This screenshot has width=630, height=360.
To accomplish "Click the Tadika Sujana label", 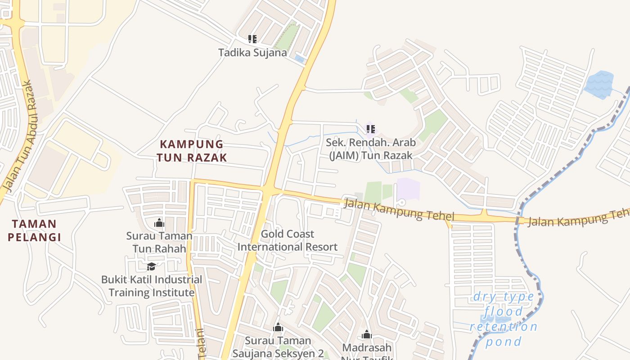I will coord(252,53).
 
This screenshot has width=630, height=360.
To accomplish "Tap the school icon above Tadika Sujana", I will coord(252,39).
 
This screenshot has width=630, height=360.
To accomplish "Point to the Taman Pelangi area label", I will coord(34,230).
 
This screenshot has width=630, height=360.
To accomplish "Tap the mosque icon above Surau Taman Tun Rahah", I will coord(159,223).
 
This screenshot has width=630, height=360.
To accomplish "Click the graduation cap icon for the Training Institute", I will coord(152,266).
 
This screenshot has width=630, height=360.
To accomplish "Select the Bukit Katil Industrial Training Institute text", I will coord(152,286).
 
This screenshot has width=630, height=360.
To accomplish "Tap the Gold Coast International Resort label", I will coord(288,240).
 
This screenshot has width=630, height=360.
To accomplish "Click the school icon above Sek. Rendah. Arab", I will coord(371,129).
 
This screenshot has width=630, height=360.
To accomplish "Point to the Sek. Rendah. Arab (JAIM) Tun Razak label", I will coord(370,149).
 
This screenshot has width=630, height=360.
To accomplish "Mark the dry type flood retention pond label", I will coord(504,319).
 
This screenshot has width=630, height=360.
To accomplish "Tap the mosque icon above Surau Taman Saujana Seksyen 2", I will coord(278,327).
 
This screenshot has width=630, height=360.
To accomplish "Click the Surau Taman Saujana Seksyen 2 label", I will coord(278,346).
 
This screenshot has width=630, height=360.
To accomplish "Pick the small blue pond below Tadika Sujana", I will coord(299,59).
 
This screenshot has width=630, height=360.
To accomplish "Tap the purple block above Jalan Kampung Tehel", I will coord(408,189).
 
